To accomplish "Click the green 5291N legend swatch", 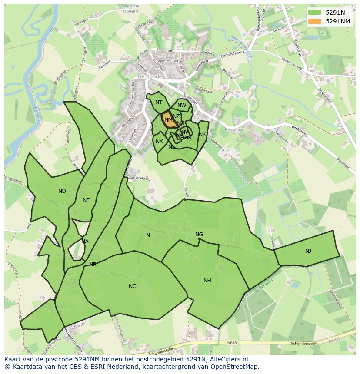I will pyautogui.click(x=315, y=13).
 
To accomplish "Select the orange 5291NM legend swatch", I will pyautogui.click(x=315, y=21).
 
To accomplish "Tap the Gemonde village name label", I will pyautogui.click(x=150, y=76).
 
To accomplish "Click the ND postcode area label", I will pyautogui.click(x=62, y=191).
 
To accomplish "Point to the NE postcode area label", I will pyautogui.click(x=86, y=200).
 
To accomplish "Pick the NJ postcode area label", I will pyautogui.click(x=308, y=251).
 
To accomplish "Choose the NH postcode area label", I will pyautogui.click(x=207, y=281).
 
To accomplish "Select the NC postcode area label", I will pyautogui.click(x=133, y=286).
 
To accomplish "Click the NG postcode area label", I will pyautogui.click(x=199, y=235).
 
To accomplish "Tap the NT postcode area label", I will pyautogui.click(x=159, y=103).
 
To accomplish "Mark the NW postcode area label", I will pyautogui.click(x=182, y=106).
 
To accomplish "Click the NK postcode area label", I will pyautogui.click(x=202, y=134).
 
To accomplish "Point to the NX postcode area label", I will pyautogui.click(x=160, y=142).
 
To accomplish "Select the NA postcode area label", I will pyautogui.click(x=85, y=242).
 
